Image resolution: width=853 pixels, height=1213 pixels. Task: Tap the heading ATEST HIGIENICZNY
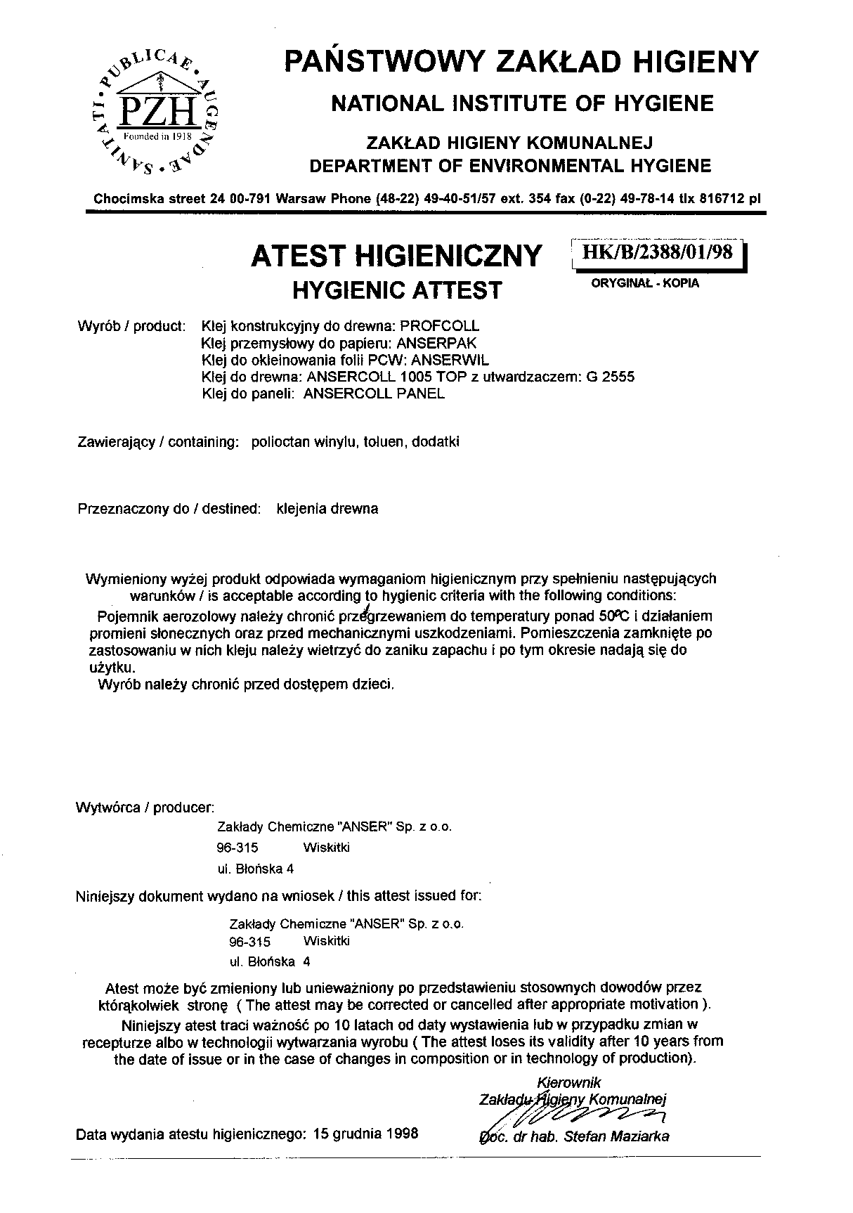click(396, 255)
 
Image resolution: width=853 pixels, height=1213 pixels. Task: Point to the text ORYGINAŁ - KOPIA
click(646, 284)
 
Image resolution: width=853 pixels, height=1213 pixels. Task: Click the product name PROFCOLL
click(439, 326)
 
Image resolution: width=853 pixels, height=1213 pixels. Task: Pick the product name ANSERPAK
click(436, 343)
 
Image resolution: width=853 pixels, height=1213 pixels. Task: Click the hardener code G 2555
click(610, 377)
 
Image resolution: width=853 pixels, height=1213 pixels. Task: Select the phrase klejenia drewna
click(327, 509)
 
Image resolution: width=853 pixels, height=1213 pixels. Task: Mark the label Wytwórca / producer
click(144, 807)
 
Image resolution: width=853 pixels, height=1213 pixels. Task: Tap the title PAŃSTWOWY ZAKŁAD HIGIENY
click(521, 62)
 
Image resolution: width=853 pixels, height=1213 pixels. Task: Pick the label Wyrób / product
click(131, 327)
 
